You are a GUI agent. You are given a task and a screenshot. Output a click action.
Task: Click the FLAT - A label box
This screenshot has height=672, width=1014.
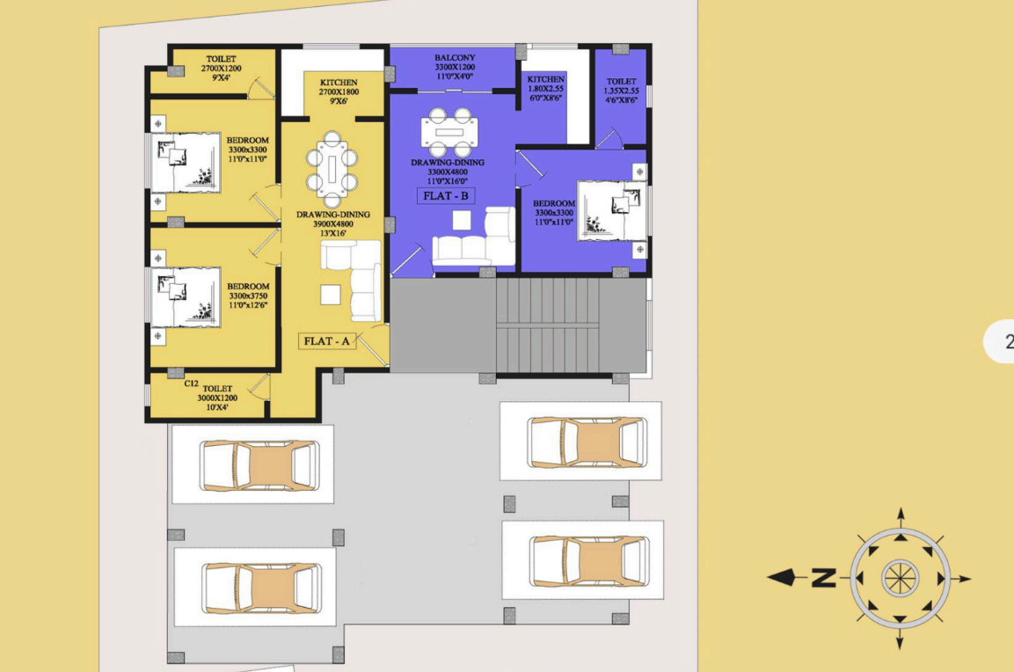(x=326, y=341)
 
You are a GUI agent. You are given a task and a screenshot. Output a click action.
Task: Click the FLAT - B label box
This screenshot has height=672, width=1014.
(x=446, y=195)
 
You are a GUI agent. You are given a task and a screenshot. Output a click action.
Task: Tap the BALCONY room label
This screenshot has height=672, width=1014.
(x=455, y=57)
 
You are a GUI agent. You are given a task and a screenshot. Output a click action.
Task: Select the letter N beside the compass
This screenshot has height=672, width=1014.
(x=823, y=578)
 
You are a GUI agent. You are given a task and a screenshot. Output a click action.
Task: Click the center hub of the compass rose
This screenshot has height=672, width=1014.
(x=900, y=578)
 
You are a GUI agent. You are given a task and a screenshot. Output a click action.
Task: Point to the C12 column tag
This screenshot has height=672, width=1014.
(x=192, y=383)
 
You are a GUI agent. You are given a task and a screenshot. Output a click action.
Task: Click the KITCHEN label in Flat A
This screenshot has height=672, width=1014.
(x=339, y=82)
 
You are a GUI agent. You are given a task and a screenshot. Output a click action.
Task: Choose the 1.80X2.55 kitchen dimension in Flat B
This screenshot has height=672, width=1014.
(x=546, y=89)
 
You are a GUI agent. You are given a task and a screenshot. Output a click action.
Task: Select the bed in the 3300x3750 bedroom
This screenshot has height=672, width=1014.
(x=186, y=297)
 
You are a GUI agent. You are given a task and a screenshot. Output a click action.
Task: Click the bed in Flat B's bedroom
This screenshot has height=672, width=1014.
(x=612, y=210)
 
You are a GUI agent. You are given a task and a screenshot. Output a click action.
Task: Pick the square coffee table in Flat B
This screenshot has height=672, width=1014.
(x=461, y=221)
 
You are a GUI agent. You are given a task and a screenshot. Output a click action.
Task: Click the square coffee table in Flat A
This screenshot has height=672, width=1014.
(x=331, y=295)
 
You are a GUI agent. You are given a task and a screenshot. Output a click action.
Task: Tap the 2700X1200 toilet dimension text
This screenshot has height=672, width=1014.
(x=221, y=68)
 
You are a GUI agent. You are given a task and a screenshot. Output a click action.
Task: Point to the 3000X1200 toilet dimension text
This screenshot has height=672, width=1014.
(x=217, y=398)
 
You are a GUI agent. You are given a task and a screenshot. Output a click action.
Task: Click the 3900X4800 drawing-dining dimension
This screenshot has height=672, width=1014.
(x=333, y=223)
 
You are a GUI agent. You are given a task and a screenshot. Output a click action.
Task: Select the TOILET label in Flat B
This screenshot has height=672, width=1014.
(x=622, y=82)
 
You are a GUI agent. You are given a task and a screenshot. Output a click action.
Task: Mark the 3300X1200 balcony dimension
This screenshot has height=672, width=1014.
(x=455, y=67)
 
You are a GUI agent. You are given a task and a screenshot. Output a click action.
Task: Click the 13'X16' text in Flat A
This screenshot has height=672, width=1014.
(x=333, y=233)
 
